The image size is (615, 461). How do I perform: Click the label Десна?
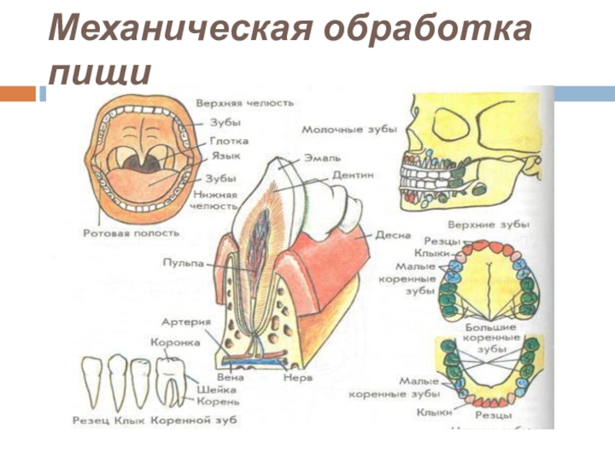393,234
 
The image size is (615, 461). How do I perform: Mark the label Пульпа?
184,263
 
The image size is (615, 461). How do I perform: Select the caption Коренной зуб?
194,420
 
